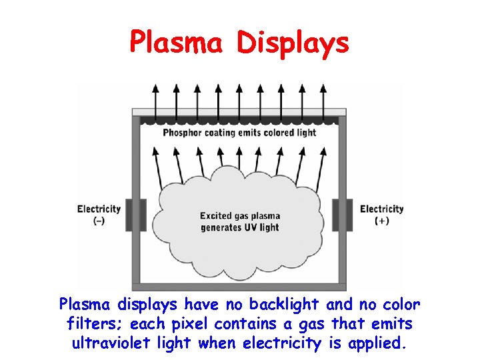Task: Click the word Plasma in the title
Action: [x=177, y=42]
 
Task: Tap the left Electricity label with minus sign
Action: [x=99, y=209]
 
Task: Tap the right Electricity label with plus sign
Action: [x=381, y=209]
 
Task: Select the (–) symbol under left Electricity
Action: [x=99, y=221]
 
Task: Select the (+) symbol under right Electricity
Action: [x=382, y=221]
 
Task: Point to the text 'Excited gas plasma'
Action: [x=240, y=216]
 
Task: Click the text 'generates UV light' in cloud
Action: [x=240, y=228]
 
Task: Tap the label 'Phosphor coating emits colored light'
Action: [x=239, y=133]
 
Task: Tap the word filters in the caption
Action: [x=93, y=325]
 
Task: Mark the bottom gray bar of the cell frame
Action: [x=239, y=287]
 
